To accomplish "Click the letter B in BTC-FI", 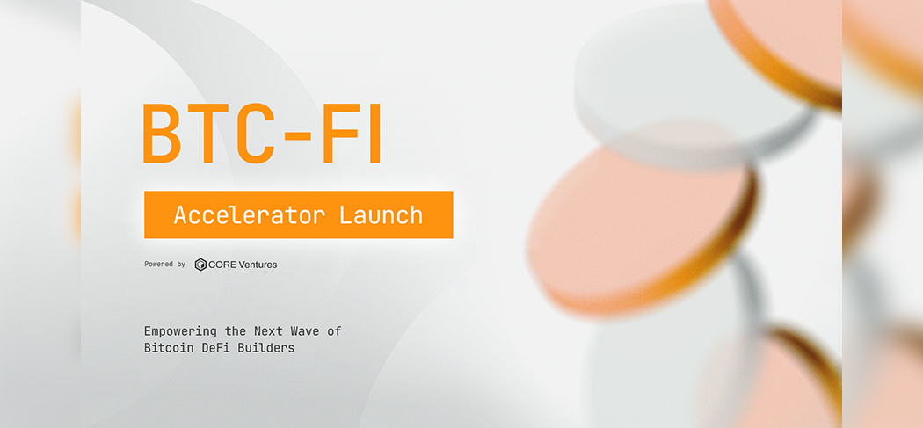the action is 162,133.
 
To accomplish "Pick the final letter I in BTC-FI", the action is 374,133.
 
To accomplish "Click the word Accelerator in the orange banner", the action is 250,215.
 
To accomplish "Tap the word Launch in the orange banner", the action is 381,215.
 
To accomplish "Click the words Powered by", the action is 165,265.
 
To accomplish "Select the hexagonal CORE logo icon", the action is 200,265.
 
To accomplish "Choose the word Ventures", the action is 258,265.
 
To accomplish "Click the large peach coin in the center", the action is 641,229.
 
